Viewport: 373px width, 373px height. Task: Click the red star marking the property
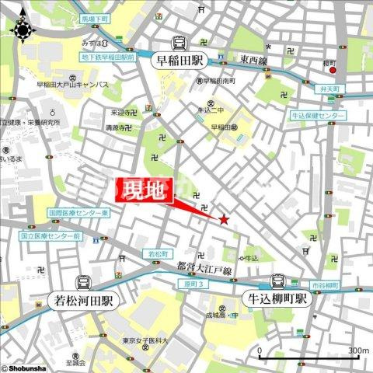pyautogui.click(x=225, y=220)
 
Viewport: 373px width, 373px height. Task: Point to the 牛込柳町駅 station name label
pyautogui.click(x=276, y=298)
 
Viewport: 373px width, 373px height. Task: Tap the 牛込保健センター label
pyautogui.click(x=317, y=115)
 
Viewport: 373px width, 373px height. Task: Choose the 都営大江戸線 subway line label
pyautogui.click(x=204, y=267)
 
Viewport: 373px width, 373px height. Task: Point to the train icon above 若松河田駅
pyautogui.click(x=82, y=283)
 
